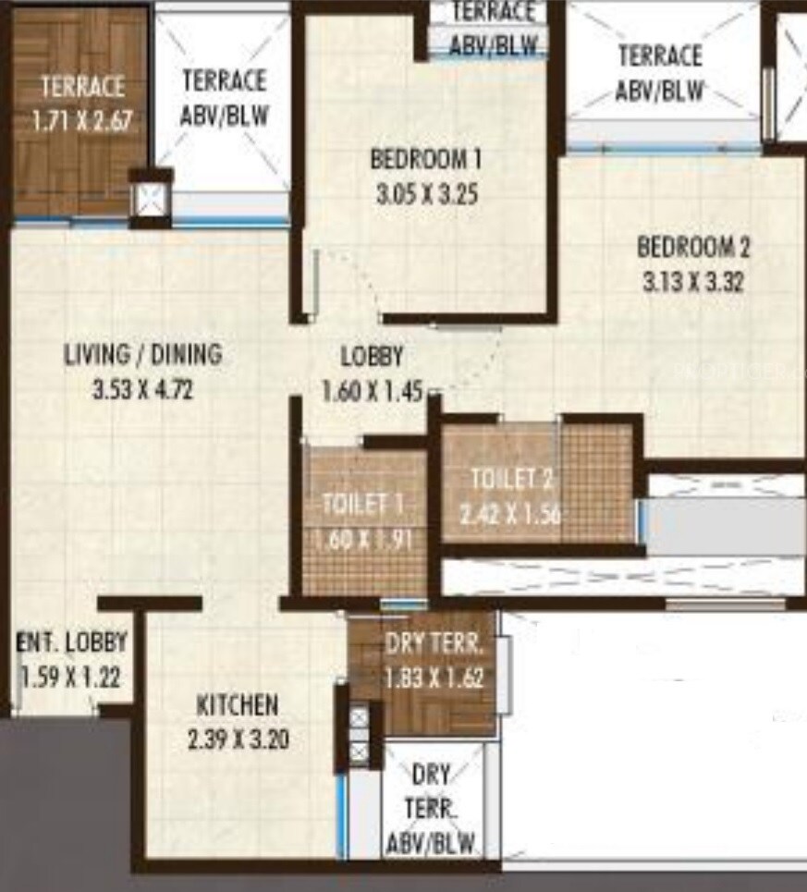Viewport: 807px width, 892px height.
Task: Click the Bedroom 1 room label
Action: pos(426,159)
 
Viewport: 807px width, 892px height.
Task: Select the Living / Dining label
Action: pos(143,354)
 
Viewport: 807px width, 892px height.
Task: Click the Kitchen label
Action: pos(237,705)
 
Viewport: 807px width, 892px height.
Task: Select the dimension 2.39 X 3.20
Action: pos(237,739)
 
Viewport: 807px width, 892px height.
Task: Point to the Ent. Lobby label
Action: pos(71,642)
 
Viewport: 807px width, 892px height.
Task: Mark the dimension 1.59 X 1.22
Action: pos(70,678)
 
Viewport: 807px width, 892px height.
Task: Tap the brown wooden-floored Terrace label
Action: pos(81,88)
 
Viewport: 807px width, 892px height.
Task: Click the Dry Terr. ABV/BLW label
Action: pos(431,809)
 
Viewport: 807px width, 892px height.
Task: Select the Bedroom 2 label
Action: pos(693,248)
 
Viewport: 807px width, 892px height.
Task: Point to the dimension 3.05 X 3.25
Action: pos(426,195)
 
